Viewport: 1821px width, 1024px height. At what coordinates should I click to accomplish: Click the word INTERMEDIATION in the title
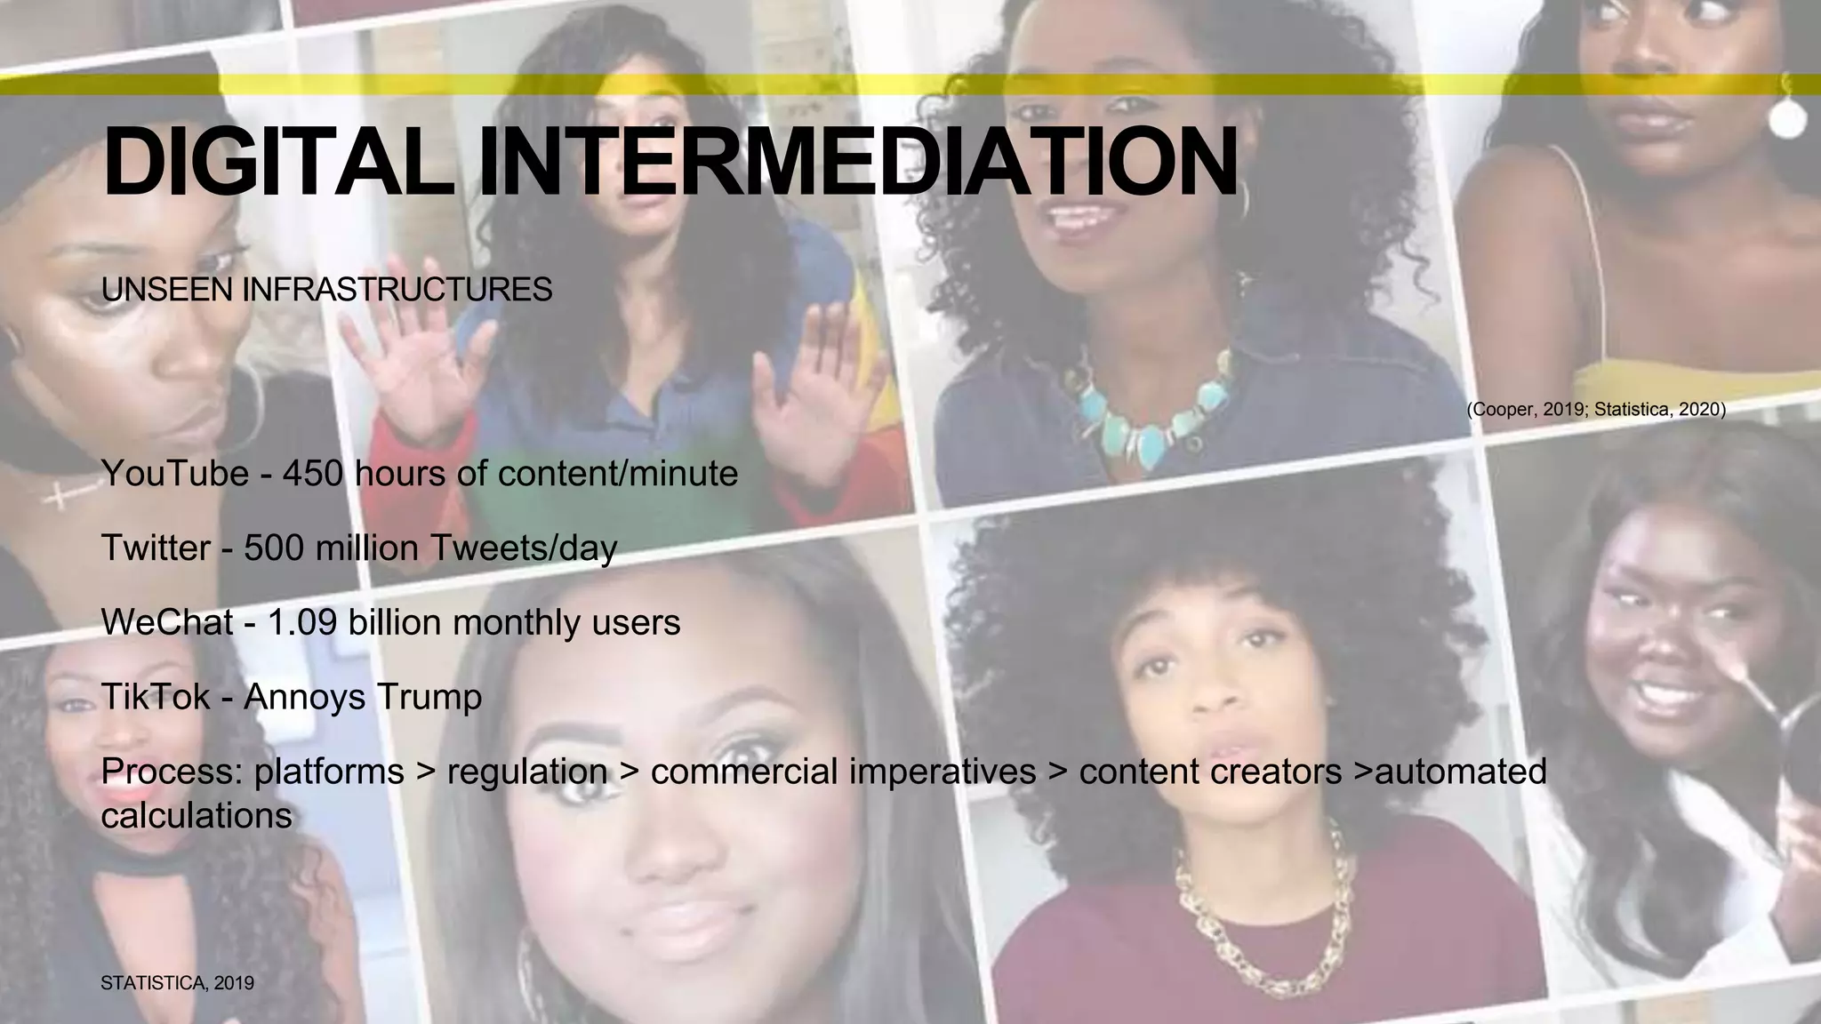click(857, 163)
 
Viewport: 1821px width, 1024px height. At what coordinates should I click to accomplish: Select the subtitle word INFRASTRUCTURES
click(397, 290)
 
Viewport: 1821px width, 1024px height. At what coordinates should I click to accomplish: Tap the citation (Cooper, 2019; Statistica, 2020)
click(1596, 409)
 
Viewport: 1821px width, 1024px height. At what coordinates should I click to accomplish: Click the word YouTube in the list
click(175, 473)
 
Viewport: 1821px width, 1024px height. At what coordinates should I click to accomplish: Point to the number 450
click(313, 473)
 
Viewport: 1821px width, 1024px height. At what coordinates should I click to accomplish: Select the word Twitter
click(156, 548)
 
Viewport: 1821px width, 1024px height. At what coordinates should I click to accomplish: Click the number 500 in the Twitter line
click(274, 548)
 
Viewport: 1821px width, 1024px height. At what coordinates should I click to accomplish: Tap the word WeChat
click(167, 622)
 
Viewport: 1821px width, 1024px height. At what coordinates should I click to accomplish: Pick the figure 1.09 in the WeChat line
click(302, 622)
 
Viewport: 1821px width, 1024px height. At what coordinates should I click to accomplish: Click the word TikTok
click(156, 696)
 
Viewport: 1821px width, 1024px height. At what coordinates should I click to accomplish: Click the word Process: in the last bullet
click(172, 772)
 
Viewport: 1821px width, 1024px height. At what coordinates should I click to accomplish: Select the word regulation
click(526, 772)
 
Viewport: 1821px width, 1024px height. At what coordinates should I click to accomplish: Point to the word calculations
click(197, 816)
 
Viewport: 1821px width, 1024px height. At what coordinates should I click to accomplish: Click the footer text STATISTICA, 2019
click(178, 983)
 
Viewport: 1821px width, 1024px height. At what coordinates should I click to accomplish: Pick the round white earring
click(1787, 119)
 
